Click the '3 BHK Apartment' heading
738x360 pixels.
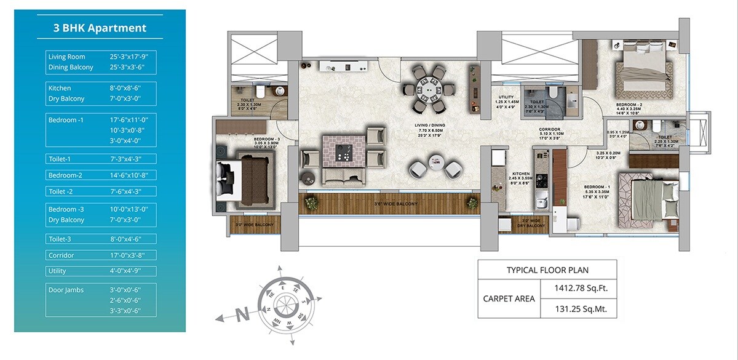[100, 28]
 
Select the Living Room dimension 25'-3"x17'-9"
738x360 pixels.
[129, 57]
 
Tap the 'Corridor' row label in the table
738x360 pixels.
[61, 255]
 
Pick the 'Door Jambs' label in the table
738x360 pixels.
[66, 290]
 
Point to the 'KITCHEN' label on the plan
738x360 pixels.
[520, 174]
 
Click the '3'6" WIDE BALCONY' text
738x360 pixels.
[396, 204]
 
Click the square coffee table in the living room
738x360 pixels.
[344, 151]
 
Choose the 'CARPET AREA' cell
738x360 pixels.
[509, 298]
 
